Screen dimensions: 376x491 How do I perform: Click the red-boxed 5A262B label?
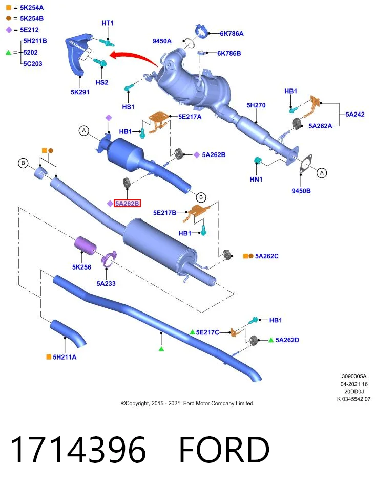[x=127, y=204]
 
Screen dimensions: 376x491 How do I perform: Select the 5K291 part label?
[x=80, y=92]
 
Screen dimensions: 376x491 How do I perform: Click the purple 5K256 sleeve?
[x=85, y=244]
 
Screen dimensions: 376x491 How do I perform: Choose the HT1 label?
[x=108, y=23]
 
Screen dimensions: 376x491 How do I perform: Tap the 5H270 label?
[x=256, y=105]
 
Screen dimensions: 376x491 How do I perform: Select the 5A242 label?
[x=355, y=114]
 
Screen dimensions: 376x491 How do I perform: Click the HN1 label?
[x=256, y=180]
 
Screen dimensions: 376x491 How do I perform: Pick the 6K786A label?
[x=232, y=34]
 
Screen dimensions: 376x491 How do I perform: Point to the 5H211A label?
[x=65, y=357]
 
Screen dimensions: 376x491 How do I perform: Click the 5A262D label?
[x=287, y=340]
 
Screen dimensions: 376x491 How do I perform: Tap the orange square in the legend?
[x=9, y=8]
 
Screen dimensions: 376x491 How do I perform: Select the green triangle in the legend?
[x=9, y=52]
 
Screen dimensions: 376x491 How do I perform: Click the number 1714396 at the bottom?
[x=78, y=450]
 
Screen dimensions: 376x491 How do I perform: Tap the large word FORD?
[x=224, y=450]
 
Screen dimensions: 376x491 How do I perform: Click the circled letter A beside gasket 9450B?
[x=322, y=173]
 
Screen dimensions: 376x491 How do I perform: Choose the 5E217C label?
[x=207, y=332]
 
